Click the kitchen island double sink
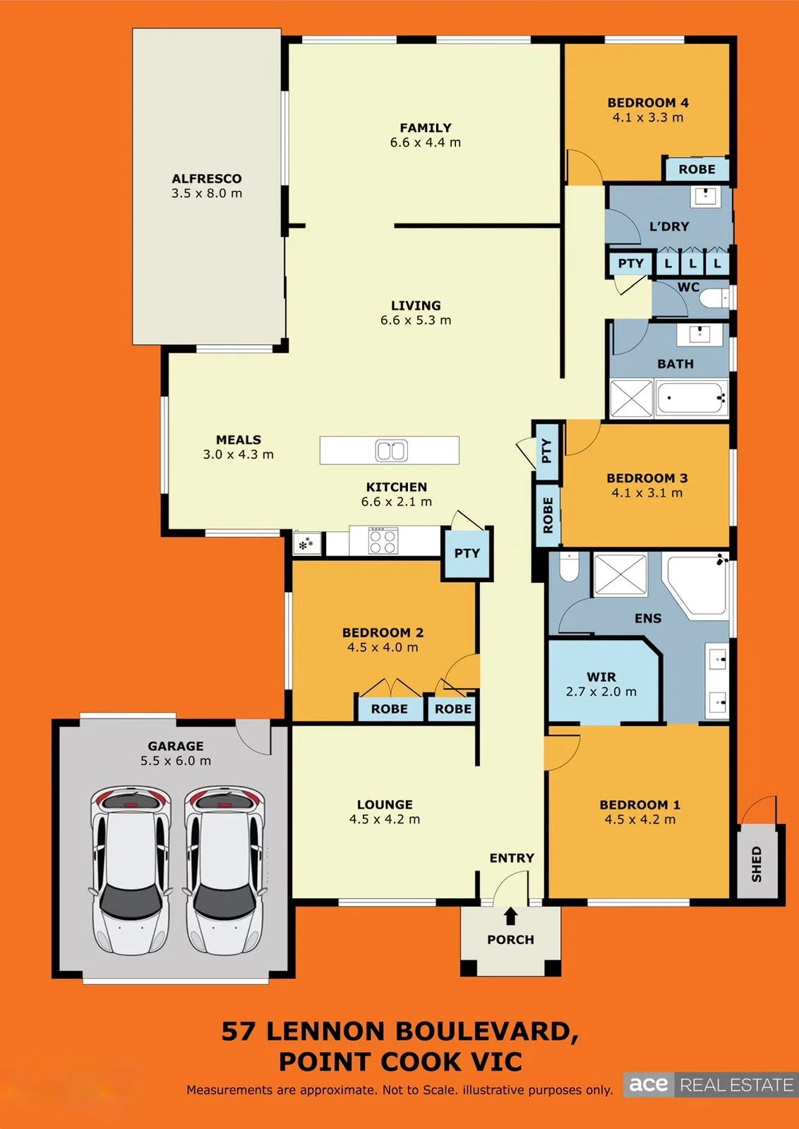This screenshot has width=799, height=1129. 391,450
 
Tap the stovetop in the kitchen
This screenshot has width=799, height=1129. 383,541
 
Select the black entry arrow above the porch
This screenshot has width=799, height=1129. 510,916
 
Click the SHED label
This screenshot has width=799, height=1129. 756,864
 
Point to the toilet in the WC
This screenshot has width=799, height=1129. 714,298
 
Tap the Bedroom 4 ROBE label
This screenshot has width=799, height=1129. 697,169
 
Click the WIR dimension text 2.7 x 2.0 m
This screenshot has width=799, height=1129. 601,692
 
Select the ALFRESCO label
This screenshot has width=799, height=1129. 207,179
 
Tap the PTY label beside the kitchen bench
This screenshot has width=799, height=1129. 467,553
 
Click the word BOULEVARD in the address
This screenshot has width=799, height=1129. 488,1032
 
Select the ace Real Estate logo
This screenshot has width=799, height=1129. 711,1085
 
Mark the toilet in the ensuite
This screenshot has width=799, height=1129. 569,567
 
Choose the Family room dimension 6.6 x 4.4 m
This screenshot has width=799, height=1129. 426,143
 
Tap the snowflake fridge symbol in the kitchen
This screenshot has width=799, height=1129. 306,544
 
